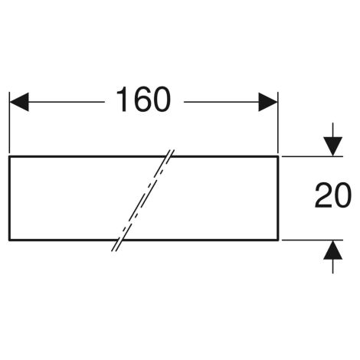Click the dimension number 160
point(143,100)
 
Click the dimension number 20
point(333,195)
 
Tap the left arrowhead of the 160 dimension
point(19,102)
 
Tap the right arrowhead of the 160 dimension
point(268,102)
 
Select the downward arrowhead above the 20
point(332,146)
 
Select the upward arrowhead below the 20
point(332,250)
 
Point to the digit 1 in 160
point(123,100)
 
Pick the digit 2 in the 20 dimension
point(323,195)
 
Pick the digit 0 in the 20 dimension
point(343,195)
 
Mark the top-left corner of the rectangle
point(9,156)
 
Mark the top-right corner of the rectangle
point(278,156)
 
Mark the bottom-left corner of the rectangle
point(9,240)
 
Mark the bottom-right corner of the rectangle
point(278,240)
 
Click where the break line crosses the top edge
point(169,156)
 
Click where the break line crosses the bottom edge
point(119,240)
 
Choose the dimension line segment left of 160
point(67,102)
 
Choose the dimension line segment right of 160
point(221,102)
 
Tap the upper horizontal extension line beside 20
point(313,156)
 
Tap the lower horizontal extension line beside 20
point(313,240)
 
